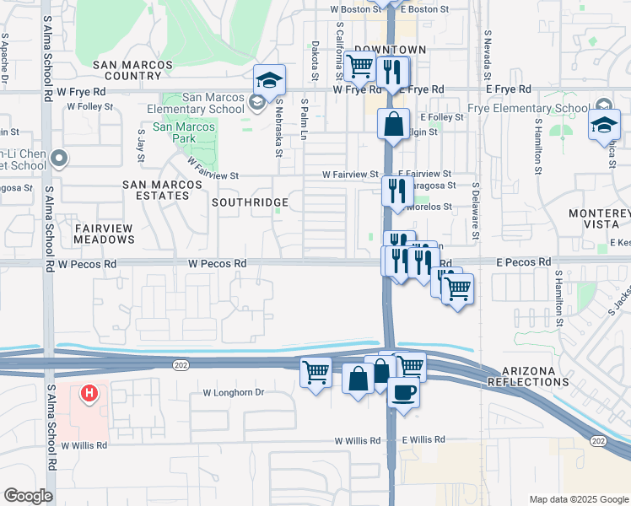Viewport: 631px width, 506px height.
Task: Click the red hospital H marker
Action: [88, 393]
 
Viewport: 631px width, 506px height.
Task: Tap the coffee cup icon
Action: [403, 392]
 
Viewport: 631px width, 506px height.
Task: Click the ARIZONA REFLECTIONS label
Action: [541, 377]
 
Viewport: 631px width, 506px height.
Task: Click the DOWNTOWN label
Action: [390, 51]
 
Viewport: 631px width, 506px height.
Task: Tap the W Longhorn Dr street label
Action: [234, 393]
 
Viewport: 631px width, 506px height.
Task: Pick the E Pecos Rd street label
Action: [523, 263]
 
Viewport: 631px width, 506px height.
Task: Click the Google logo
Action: [28, 496]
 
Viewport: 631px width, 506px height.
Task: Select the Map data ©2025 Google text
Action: [578, 499]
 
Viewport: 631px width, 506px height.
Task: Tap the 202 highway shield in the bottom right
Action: [598, 441]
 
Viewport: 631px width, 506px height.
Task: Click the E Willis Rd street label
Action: [423, 440]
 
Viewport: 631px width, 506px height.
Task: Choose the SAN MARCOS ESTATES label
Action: [156, 190]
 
